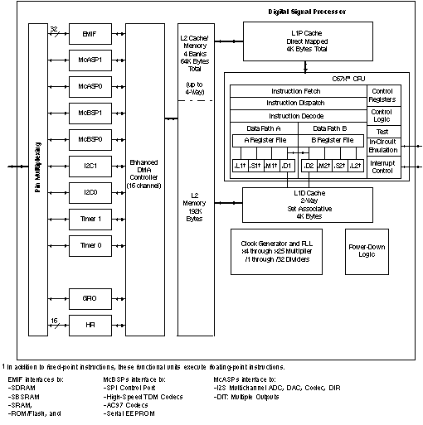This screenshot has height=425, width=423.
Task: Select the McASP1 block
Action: click(90, 62)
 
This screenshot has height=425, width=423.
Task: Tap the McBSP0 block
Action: click(90, 139)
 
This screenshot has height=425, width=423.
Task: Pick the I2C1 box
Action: click(90, 166)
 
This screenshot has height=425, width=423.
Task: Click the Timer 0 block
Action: click(90, 245)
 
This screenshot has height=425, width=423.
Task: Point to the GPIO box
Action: click(90, 297)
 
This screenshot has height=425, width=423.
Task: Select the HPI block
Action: click(90, 324)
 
